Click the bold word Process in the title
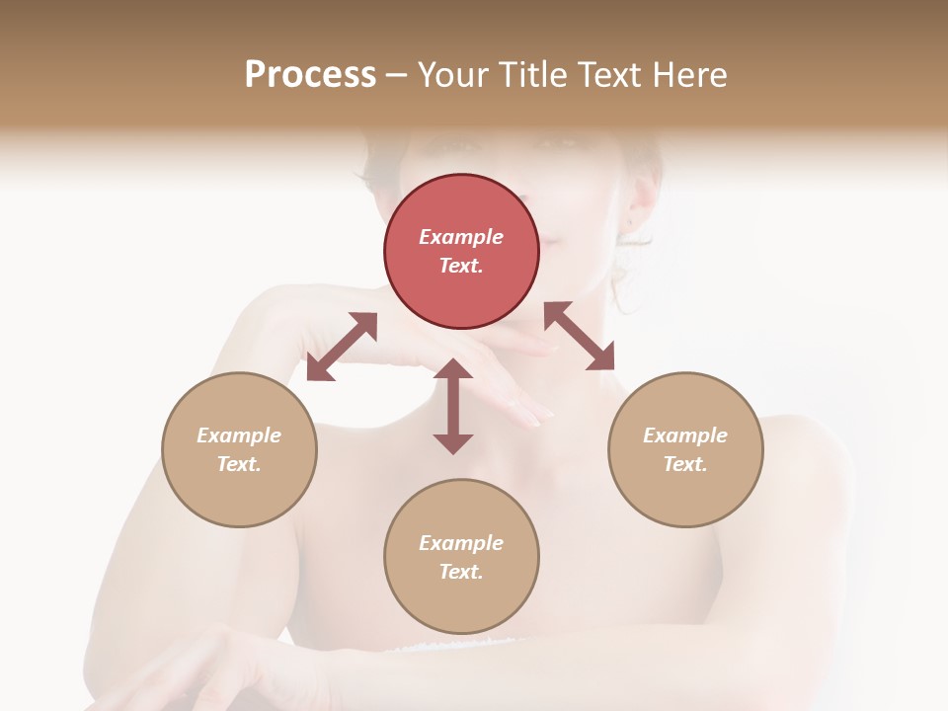point(310,75)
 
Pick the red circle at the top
point(461,252)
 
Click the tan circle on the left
point(239,449)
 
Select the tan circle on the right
point(685,449)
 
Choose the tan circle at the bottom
point(461,557)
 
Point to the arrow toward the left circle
point(342,347)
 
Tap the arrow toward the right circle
point(579,336)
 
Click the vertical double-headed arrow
point(453,406)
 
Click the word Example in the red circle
point(461,237)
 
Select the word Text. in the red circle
point(461,266)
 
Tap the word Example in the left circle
point(239,435)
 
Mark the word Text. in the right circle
point(685,464)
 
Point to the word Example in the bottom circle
point(461,543)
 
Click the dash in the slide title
point(397,75)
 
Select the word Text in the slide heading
point(612,75)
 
